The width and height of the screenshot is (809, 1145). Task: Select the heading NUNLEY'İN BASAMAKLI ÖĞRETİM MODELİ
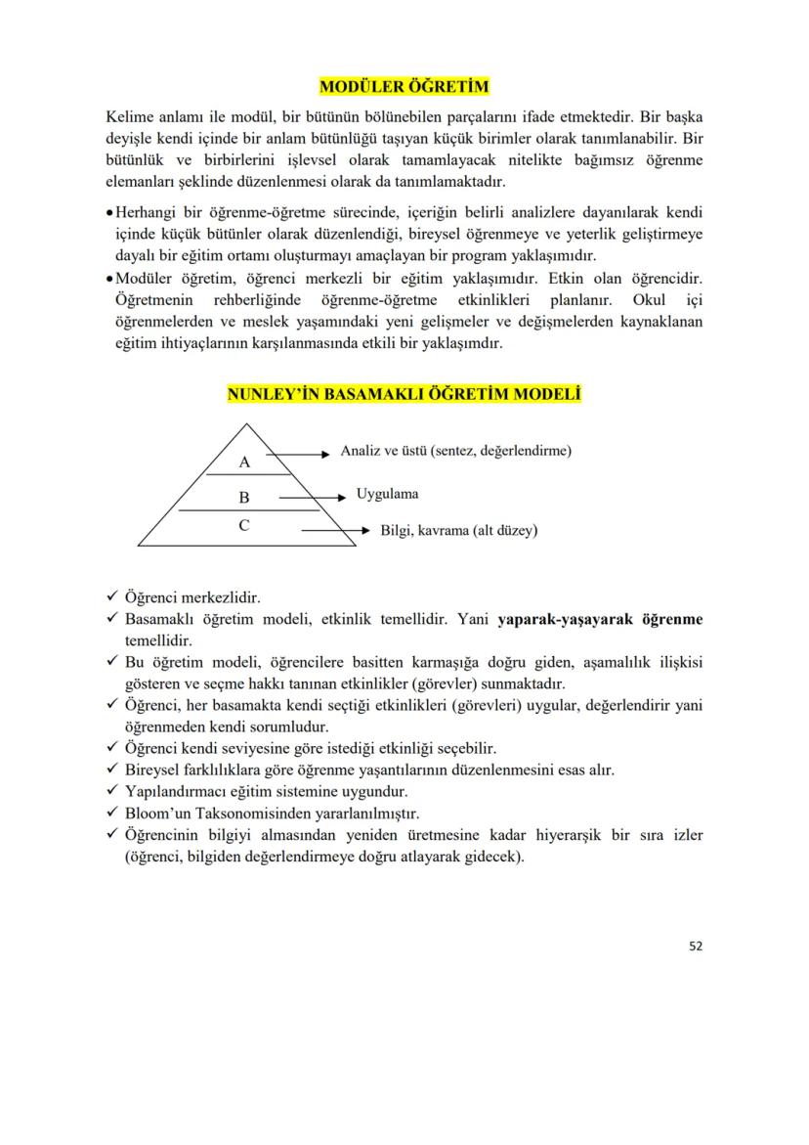(x=404, y=396)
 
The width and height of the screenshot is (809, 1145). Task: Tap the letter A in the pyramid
(x=245, y=462)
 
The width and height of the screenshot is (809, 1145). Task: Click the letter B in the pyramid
(x=244, y=497)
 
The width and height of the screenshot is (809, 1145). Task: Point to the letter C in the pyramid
(x=244, y=525)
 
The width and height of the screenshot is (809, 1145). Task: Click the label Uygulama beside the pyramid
(x=388, y=495)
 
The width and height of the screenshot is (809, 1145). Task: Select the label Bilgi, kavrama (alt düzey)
(x=458, y=531)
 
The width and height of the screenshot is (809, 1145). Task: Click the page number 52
(x=695, y=946)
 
